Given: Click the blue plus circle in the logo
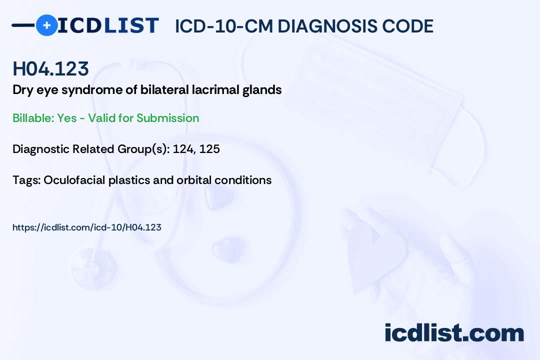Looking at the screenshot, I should [x=46, y=25].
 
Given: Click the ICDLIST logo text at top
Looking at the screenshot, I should [x=108, y=25].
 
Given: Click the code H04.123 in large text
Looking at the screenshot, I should [x=50, y=69].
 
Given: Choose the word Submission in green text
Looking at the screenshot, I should [x=167, y=118].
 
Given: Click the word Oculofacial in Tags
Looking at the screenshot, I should [x=74, y=180].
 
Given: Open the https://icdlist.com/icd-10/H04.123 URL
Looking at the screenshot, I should [x=87, y=227].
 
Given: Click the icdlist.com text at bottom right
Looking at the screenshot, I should [x=454, y=333].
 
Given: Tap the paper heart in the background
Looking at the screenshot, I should [x=375, y=252].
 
